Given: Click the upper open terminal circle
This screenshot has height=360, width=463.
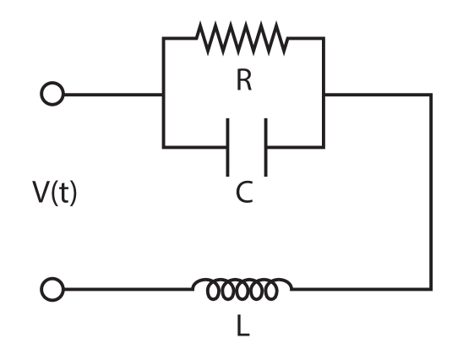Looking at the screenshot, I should [52, 94].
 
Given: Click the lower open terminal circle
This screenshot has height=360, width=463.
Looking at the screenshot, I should [52, 290].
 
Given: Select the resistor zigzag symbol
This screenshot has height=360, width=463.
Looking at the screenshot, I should [242, 38].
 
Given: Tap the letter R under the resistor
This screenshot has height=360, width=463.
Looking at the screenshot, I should [244, 81].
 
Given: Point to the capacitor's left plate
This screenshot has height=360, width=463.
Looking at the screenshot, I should [228, 147].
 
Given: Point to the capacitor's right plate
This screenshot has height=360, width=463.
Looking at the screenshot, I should [265, 147].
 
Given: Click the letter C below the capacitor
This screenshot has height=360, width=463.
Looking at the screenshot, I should [244, 194].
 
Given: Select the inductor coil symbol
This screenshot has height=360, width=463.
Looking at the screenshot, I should [242, 289].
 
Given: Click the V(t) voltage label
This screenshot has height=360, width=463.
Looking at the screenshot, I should [55, 194].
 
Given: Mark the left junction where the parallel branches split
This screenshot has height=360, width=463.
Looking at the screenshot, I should [162, 95].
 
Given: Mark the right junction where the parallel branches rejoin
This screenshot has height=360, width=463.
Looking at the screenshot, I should [324, 95].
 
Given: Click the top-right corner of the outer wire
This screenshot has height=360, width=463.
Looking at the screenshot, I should [432, 95].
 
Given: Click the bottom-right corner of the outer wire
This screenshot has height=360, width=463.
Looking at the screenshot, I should [432, 289].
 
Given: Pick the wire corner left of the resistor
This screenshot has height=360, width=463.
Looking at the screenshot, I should [162, 38].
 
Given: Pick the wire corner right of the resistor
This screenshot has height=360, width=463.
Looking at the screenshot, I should [324, 38].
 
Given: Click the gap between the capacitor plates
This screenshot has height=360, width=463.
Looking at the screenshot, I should [247, 147].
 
